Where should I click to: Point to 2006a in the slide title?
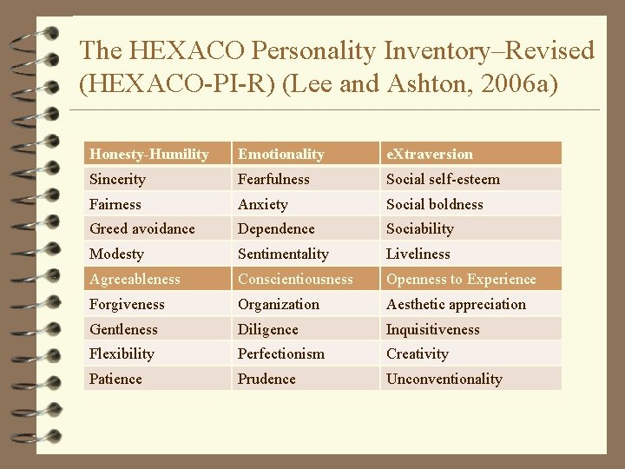(513, 86)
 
